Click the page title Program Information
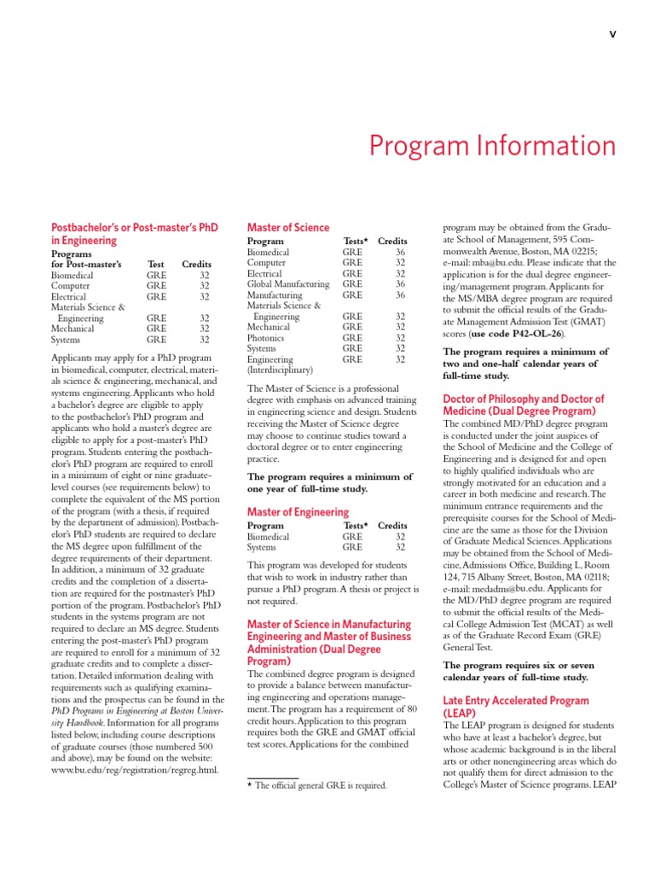pyautogui.click(x=492, y=146)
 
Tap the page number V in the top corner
pyautogui.click(x=612, y=34)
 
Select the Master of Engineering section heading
pyautogui.click(x=286, y=512)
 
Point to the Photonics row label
pyautogui.click(x=268, y=338)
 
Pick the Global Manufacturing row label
pyautogui.click(x=288, y=284)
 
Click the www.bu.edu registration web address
pyautogui.click(x=135, y=769)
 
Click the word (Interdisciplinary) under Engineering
pyautogui.click(x=280, y=370)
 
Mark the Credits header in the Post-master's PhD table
pyautogui.click(x=195, y=265)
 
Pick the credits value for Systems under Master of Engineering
pyautogui.click(x=400, y=547)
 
